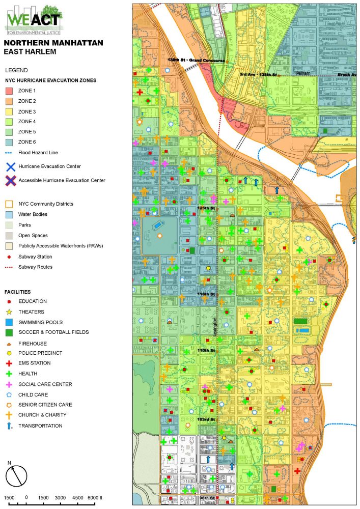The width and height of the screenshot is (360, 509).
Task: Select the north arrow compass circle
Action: coord(16,476)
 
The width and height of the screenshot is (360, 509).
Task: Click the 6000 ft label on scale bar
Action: coord(95,497)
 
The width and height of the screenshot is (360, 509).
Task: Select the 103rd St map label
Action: coord(207,419)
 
